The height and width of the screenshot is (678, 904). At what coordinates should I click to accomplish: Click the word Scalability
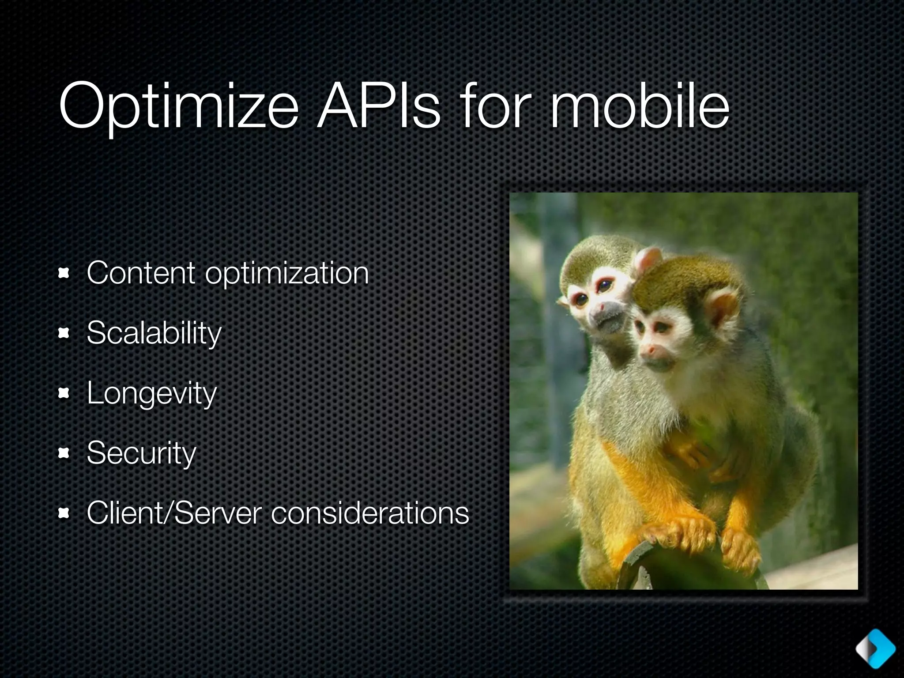[x=154, y=333]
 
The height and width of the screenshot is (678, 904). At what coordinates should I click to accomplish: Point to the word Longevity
[x=151, y=393]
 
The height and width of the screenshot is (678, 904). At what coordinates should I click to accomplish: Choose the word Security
[x=141, y=453]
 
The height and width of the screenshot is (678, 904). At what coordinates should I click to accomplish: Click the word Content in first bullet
[x=141, y=273]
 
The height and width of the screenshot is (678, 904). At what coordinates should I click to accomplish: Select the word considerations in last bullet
[x=369, y=513]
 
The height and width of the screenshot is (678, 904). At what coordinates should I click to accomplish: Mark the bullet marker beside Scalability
[x=64, y=334]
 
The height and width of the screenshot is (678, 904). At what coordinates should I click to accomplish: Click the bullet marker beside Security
[x=64, y=453]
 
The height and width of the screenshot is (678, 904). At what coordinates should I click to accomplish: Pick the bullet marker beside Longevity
[x=64, y=393]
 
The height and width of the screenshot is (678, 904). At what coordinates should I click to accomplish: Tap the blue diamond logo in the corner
[x=875, y=648]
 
